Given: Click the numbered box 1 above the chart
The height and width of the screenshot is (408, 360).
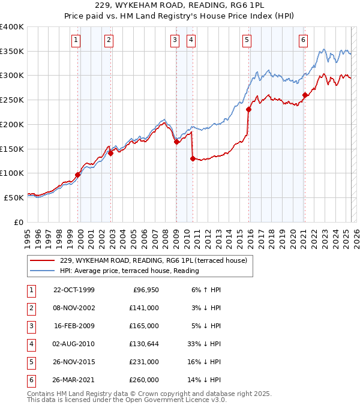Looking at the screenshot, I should coord(77,40).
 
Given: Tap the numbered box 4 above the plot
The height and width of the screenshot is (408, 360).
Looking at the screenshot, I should coord(191,40).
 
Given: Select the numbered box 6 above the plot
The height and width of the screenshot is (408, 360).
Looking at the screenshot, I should coord(304,40).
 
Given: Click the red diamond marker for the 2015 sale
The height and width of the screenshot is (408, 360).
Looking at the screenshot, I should coord(248,109).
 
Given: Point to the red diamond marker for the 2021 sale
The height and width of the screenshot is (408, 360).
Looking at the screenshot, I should coord(305,95).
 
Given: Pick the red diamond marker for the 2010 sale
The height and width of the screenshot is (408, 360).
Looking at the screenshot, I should coord(193,158).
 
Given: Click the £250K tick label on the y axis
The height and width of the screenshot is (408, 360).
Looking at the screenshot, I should coord(12,100).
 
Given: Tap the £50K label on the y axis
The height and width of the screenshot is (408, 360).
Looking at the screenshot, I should coord(14,197).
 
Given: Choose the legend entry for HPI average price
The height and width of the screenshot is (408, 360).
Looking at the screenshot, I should coord(129,271).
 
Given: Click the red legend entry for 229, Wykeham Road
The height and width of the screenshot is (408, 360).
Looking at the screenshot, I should coord(154,260).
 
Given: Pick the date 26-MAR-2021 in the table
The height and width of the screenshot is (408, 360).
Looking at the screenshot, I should coord(74,380).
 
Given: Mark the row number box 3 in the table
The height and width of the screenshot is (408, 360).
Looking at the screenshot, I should coord(31,326).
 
